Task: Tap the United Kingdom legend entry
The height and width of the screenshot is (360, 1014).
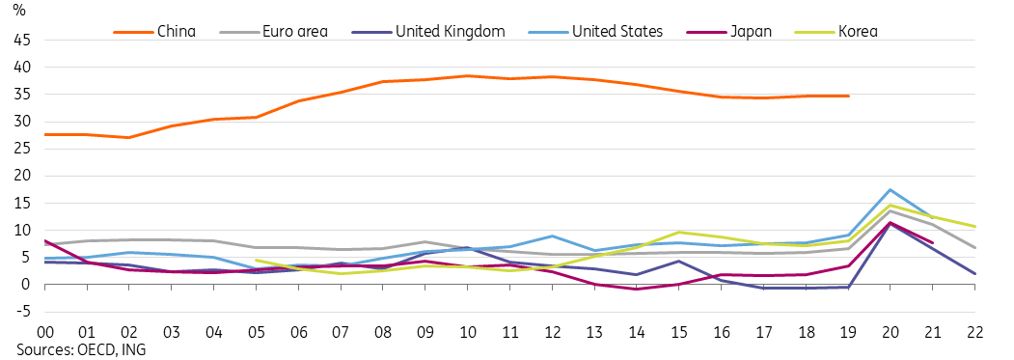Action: tap(451, 32)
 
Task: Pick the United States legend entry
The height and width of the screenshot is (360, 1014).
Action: tap(617, 32)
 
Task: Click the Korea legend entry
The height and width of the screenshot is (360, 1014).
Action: tap(857, 32)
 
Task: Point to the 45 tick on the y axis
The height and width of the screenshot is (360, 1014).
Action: tap(20, 41)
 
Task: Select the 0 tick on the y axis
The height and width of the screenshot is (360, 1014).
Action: tap(26, 285)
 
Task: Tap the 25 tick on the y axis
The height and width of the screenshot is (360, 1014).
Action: tap(20, 149)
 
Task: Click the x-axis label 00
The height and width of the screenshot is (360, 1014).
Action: tap(46, 330)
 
